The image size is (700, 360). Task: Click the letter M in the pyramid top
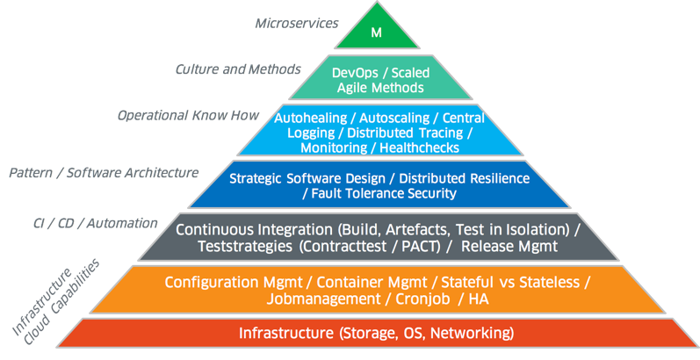(x=378, y=33)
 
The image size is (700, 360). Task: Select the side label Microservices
(x=296, y=24)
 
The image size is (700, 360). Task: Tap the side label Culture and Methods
(x=238, y=68)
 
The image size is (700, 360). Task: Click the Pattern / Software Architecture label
(x=104, y=173)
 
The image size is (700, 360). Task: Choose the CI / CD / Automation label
(x=89, y=223)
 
